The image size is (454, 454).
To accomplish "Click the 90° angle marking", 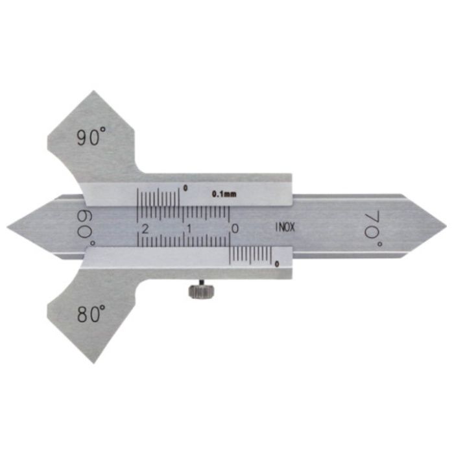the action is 91,137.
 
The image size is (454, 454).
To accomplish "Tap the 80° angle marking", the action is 91,314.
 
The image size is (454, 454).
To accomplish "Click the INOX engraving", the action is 285,227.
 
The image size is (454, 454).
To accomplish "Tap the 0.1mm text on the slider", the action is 224,194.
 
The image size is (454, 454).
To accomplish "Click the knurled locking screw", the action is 202,291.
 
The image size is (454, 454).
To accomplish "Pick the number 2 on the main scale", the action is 145,229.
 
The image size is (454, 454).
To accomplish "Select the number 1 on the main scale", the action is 189,229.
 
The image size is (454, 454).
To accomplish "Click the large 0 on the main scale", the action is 235,229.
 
